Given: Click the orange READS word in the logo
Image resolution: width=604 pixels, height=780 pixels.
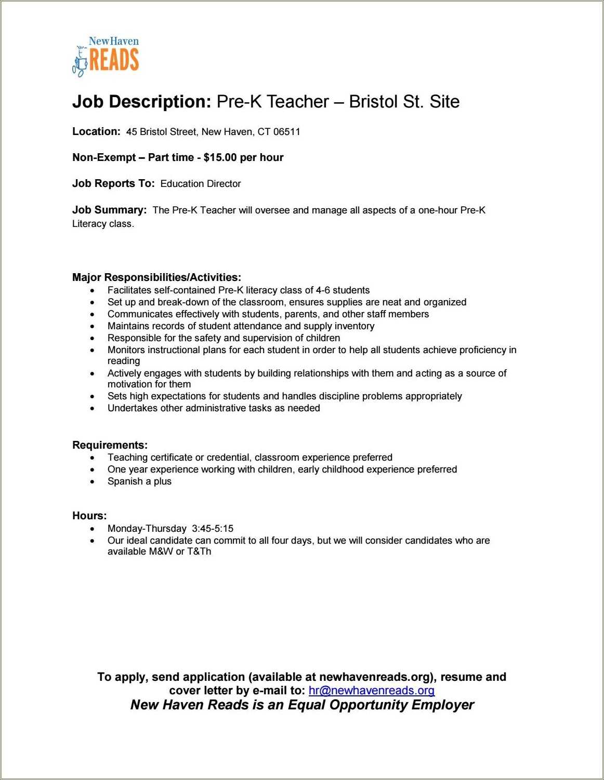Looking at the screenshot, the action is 114,59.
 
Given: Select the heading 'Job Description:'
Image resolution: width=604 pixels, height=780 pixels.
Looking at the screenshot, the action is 141,102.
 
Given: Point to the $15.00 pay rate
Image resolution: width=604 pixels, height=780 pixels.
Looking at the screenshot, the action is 220,157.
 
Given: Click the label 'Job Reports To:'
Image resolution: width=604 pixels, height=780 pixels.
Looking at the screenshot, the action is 113,183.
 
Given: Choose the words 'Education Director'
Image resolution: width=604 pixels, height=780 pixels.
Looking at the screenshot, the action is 201,184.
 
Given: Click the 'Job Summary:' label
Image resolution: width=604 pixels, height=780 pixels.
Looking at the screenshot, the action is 109,210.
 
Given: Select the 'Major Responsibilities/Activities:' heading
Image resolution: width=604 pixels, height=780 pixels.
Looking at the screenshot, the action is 156,277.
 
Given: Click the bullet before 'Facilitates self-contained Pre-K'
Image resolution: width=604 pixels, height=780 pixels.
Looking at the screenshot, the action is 93,291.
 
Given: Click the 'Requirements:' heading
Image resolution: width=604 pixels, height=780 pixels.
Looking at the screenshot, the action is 110,445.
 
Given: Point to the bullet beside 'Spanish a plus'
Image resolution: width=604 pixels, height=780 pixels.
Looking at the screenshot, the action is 93,482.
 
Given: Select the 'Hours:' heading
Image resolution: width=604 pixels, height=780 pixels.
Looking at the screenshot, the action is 89,516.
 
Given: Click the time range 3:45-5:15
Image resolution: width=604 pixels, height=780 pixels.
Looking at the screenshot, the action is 213,529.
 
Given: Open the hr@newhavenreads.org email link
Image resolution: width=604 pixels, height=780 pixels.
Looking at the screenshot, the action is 371,691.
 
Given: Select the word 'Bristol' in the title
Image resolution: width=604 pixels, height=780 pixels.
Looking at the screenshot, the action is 373,102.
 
